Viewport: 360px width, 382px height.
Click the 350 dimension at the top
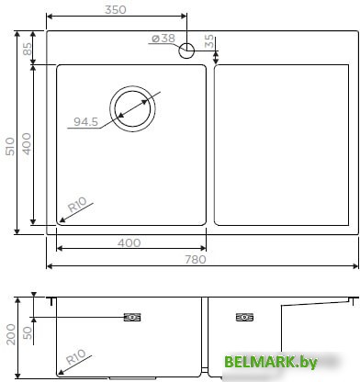pos(115,9)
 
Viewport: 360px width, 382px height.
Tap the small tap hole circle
pos(187,50)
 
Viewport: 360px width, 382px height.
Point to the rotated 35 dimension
pos(210,41)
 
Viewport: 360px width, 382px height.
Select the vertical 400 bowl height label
pos(28,144)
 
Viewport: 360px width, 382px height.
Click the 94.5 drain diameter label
pos(86,121)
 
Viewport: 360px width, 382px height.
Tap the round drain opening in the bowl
pos(134,107)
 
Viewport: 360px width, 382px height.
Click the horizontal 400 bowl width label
pos(129,242)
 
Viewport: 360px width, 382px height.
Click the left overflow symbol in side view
pos(133,318)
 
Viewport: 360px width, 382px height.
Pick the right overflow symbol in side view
pos(244,318)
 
